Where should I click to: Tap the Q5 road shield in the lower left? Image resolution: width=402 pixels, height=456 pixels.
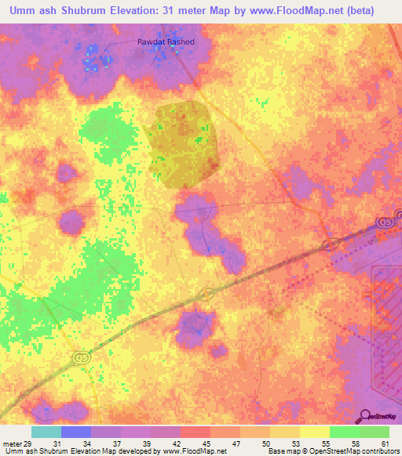[81, 357]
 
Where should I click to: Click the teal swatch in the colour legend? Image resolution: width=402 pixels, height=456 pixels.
[46, 432]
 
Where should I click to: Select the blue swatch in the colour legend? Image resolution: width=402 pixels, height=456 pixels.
[75, 432]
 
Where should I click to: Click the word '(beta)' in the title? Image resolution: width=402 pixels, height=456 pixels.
[357, 10]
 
